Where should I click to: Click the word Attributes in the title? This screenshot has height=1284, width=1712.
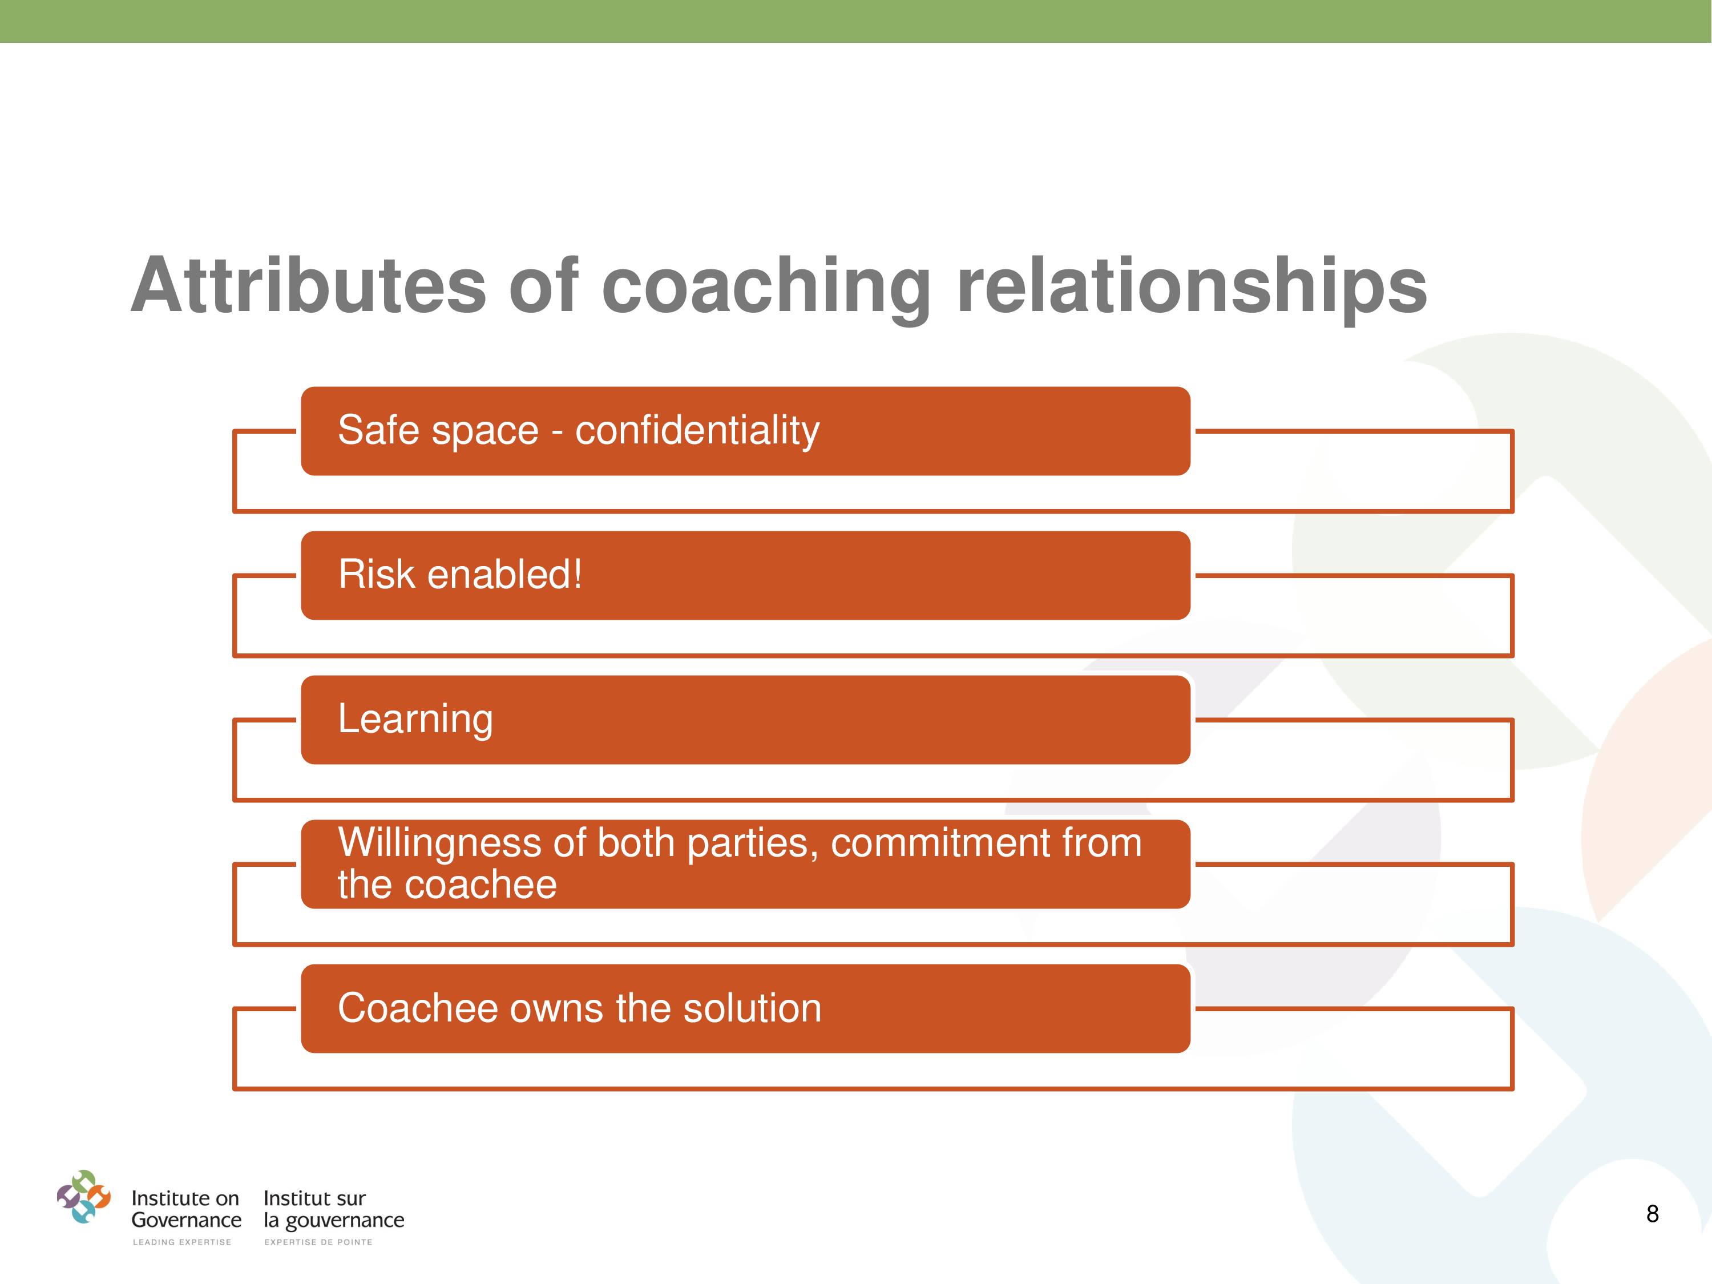tap(309, 285)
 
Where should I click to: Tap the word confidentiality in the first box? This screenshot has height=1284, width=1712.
tap(697, 431)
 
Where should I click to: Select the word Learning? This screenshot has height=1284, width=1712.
tap(415, 720)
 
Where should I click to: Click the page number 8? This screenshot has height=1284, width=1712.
tap(1653, 1214)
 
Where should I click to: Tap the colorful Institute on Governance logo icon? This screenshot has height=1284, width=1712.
tap(83, 1197)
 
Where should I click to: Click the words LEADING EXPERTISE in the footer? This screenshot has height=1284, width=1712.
tap(182, 1242)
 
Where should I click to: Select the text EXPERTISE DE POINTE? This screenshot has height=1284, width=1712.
tap(318, 1242)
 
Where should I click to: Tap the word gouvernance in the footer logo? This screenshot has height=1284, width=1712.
tap(345, 1221)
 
